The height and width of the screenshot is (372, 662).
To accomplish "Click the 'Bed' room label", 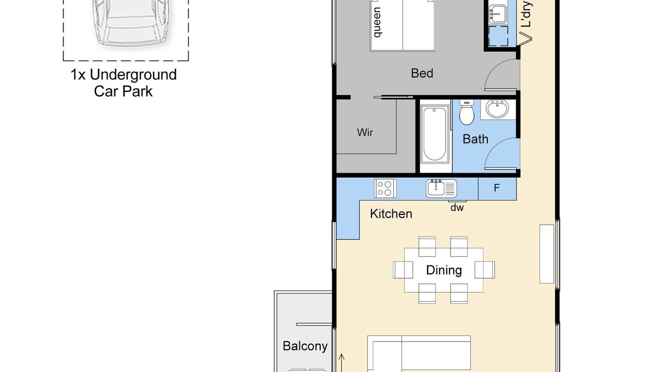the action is click(422, 73).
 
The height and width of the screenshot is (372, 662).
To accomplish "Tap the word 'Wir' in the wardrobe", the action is click(365, 132).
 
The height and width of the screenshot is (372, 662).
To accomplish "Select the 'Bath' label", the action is click(475, 139).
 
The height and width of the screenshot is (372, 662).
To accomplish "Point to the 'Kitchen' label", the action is click(391, 214).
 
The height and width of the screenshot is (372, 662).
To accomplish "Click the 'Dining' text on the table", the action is click(444, 270).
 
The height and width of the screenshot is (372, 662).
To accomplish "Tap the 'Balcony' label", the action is click(305, 346).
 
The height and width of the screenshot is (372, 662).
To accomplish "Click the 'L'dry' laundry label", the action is click(526, 14).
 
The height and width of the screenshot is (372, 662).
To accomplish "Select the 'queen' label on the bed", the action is click(377, 22).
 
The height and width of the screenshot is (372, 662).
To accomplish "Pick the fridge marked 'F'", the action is click(497, 188).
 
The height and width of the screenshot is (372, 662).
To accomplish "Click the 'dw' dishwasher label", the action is click(457, 208).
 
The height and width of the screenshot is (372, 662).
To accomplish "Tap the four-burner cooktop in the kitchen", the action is click(385, 189).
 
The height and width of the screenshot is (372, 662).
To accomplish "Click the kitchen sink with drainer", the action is click(441, 189).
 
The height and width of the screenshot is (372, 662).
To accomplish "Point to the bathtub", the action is click(434, 135).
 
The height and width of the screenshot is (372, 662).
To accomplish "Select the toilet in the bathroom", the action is click(467, 112).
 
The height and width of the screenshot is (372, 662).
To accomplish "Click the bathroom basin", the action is click(498, 109).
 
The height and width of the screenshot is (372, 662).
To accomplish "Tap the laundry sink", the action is click(498, 14).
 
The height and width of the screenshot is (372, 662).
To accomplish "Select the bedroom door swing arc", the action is click(493, 67).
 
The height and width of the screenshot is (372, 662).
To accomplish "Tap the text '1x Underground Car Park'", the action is click(124, 83).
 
